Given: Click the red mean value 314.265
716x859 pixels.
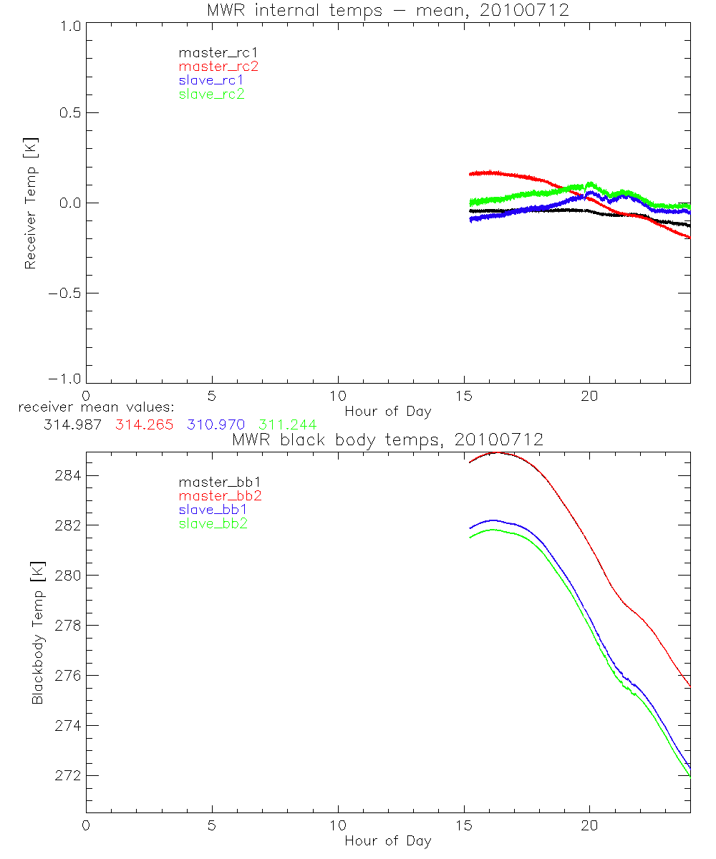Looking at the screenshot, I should click(x=143, y=424).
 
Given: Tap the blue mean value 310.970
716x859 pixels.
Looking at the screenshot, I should click(x=216, y=424).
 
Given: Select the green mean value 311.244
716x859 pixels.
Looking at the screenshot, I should click(x=288, y=424).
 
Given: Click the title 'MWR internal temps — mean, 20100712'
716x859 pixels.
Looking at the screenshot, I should click(x=387, y=11).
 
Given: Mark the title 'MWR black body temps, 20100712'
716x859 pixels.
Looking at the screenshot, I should click(x=387, y=440).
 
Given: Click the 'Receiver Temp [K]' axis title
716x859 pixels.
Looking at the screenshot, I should click(x=30, y=203).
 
